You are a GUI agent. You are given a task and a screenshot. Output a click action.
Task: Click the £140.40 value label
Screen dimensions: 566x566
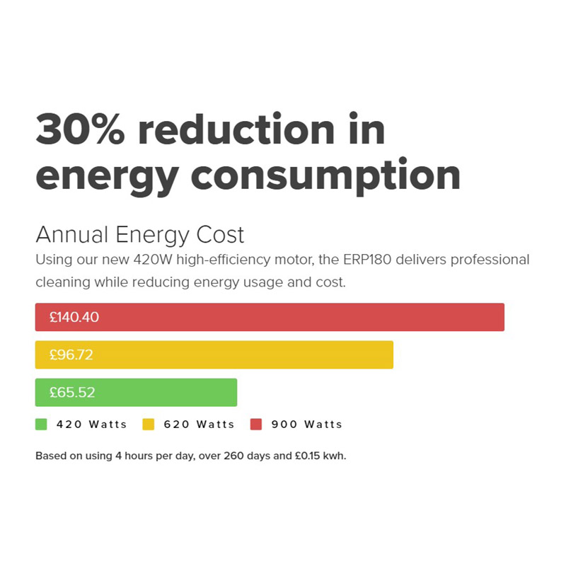tap(74, 317)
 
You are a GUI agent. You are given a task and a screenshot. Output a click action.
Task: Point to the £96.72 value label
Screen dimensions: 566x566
tap(71, 354)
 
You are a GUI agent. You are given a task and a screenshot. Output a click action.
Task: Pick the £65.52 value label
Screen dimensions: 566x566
tap(71, 392)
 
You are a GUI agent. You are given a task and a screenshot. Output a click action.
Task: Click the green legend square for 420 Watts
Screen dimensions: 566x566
tap(41, 424)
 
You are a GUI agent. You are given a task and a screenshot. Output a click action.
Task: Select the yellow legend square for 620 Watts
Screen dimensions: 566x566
tap(149, 424)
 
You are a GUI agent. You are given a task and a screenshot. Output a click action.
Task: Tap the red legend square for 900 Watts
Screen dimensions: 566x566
tap(256, 424)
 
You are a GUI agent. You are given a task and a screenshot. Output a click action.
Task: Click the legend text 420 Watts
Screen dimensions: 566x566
tap(91, 424)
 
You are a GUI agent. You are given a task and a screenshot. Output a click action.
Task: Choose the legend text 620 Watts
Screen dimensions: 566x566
tap(199, 424)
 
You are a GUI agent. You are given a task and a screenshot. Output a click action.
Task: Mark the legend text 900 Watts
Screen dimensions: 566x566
tap(306, 424)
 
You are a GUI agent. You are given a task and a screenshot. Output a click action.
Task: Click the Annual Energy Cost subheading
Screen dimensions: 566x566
tap(139, 234)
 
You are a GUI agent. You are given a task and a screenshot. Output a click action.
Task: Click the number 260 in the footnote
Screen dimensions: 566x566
tap(234, 456)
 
